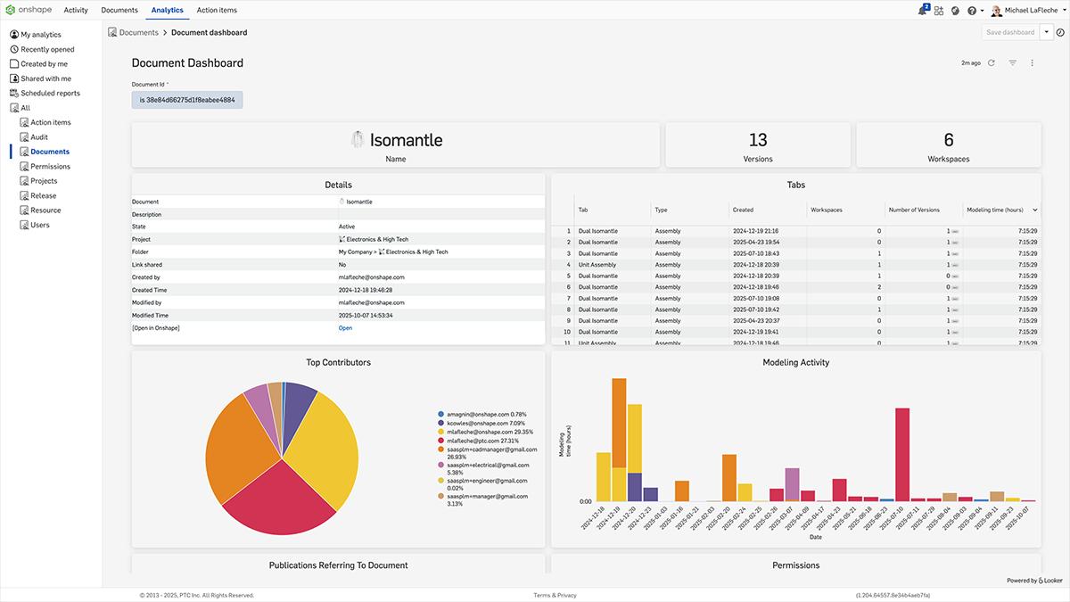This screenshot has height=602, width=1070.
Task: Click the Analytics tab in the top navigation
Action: click(x=167, y=10)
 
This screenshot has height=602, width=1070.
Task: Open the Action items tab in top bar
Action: click(x=217, y=10)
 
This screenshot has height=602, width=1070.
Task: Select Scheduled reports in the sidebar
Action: click(x=50, y=93)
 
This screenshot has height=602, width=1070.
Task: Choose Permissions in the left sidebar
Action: click(x=50, y=167)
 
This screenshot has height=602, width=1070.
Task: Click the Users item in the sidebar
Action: click(x=40, y=225)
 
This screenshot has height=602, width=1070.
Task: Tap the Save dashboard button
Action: click(x=1010, y=32)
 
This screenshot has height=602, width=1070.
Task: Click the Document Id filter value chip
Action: click(x=187, y=100)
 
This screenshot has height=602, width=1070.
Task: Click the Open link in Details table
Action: click(x=345, y=328)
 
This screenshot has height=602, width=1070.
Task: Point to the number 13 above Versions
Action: click(x=758, y=140)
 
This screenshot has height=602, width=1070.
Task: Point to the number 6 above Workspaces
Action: click(x=949, y=140)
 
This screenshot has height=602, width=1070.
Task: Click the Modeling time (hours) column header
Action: click(x=995, y=210)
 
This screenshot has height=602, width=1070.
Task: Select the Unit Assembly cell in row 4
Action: click(x=597, y=265)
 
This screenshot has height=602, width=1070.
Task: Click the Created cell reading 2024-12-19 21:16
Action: click(x=755, y=231)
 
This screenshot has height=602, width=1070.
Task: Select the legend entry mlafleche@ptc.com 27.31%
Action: click(x=481, y=441)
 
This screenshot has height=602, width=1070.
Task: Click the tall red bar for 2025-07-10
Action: click(x=902, y=453)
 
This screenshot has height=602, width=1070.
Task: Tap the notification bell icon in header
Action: click(x=921, y=11)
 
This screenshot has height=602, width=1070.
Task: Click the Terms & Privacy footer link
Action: click(x=555, y=595)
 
